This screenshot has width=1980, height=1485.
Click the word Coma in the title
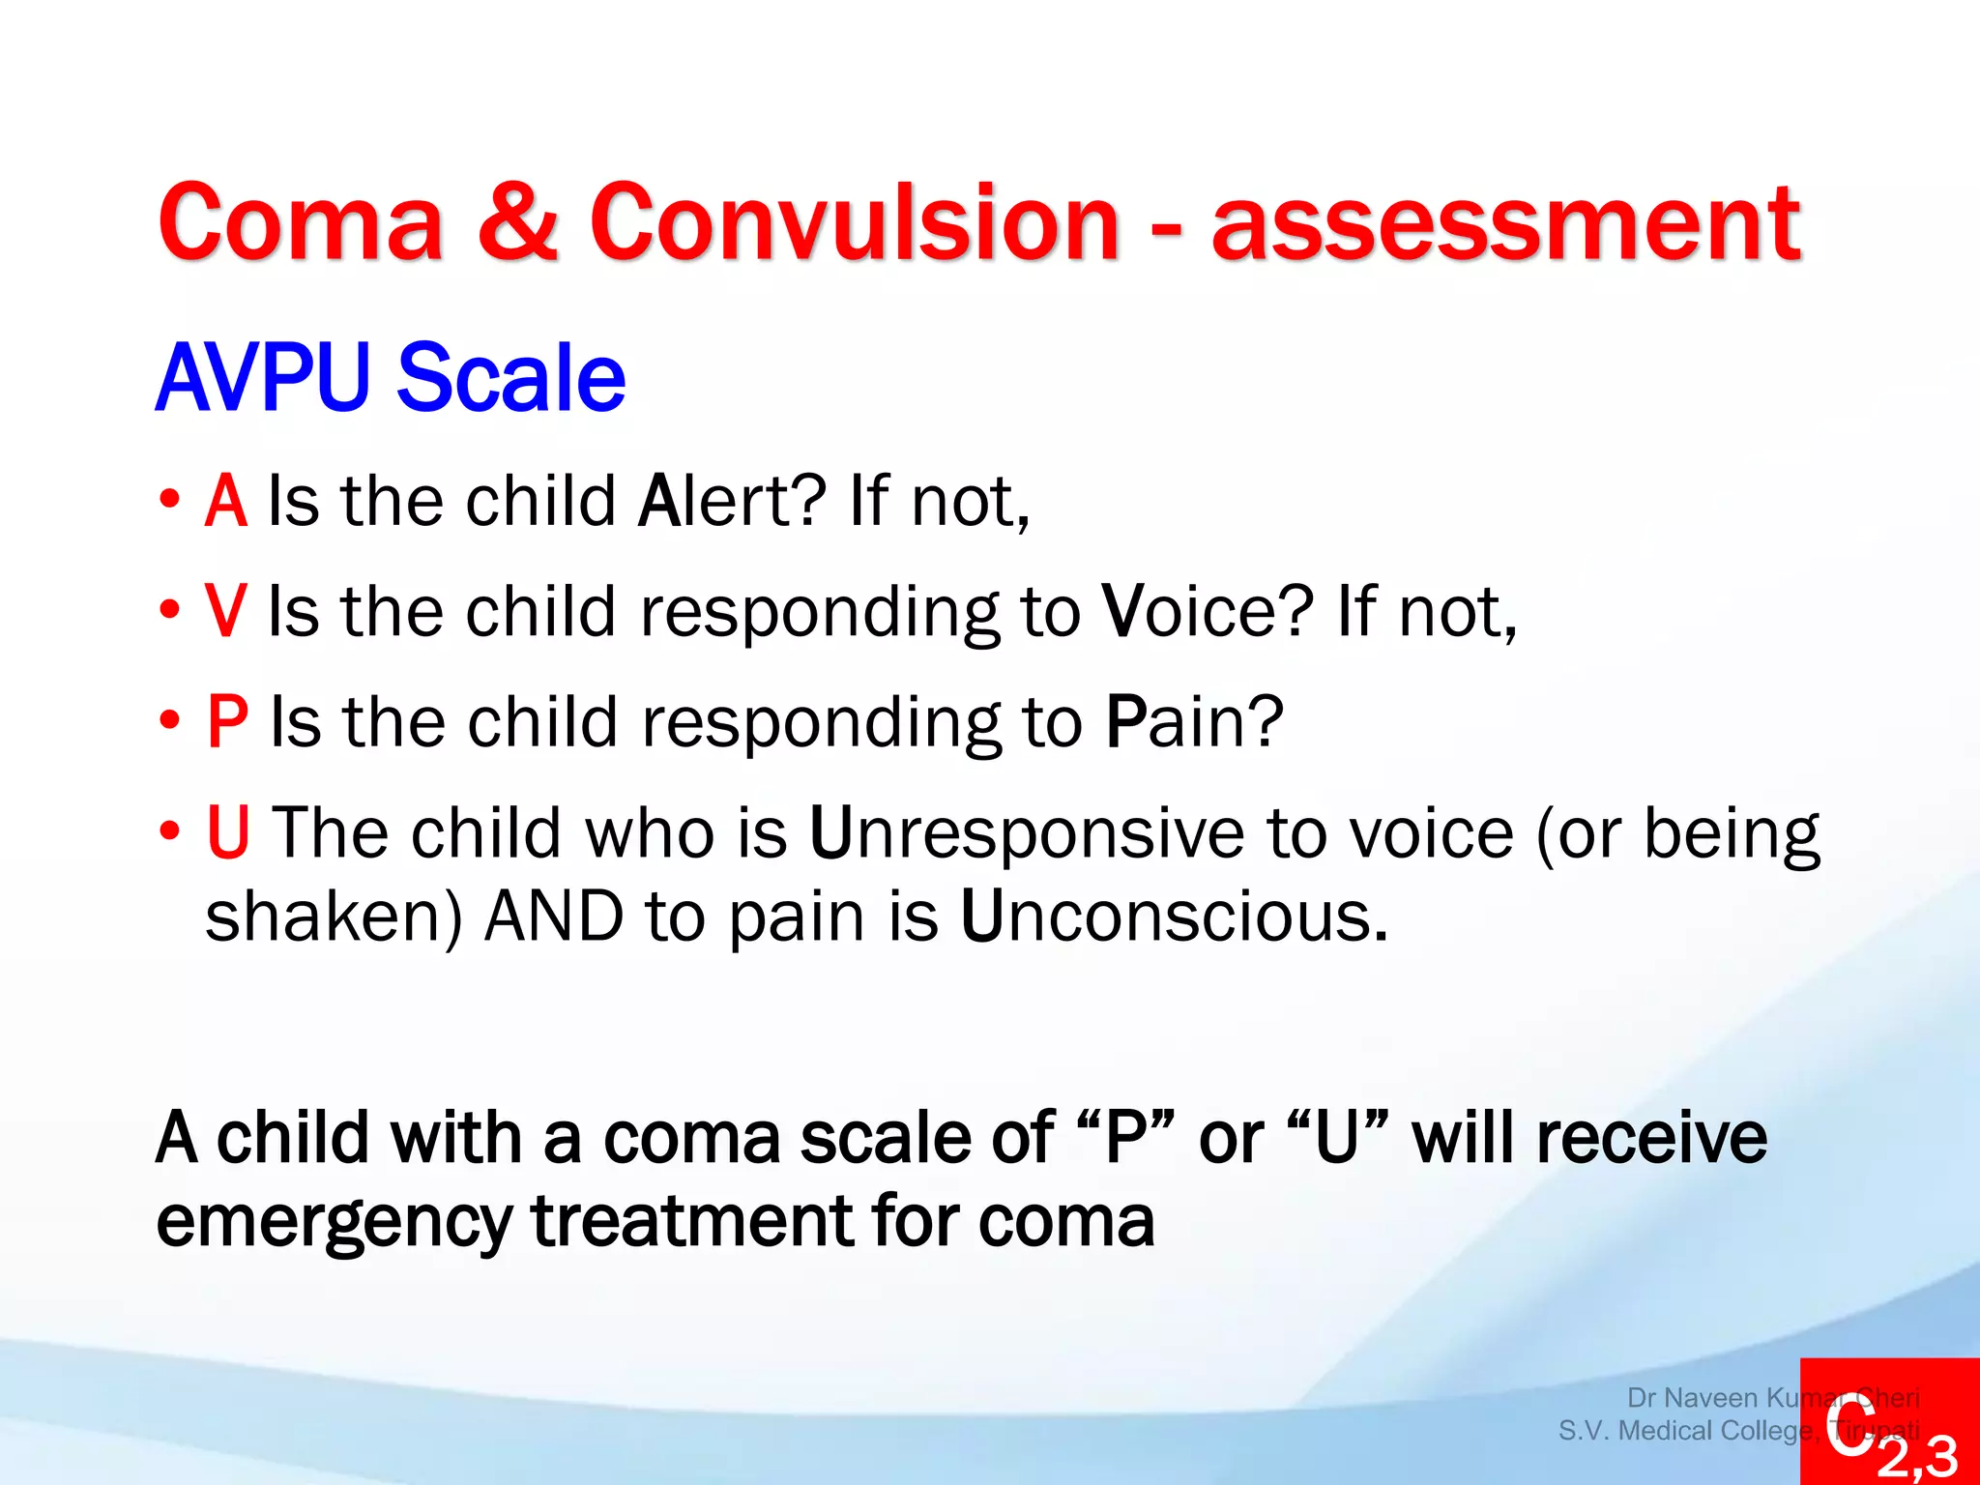tap(301, 223)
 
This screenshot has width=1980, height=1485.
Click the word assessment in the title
tap(1505, 225)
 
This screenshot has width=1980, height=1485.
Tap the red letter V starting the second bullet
tap(226, 611)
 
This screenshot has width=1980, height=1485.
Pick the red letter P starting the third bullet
tap(228, 721)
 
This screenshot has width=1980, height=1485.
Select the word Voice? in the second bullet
tap(1208, 611)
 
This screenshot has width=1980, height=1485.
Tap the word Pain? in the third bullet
tap(1195, 721)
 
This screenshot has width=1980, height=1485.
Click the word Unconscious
tap(1174, 916)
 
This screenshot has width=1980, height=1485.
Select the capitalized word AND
tap(554, 916)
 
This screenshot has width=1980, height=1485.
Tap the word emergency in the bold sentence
tap(334, 1222)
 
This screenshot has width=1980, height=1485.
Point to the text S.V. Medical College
tap(1686, 1430)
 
